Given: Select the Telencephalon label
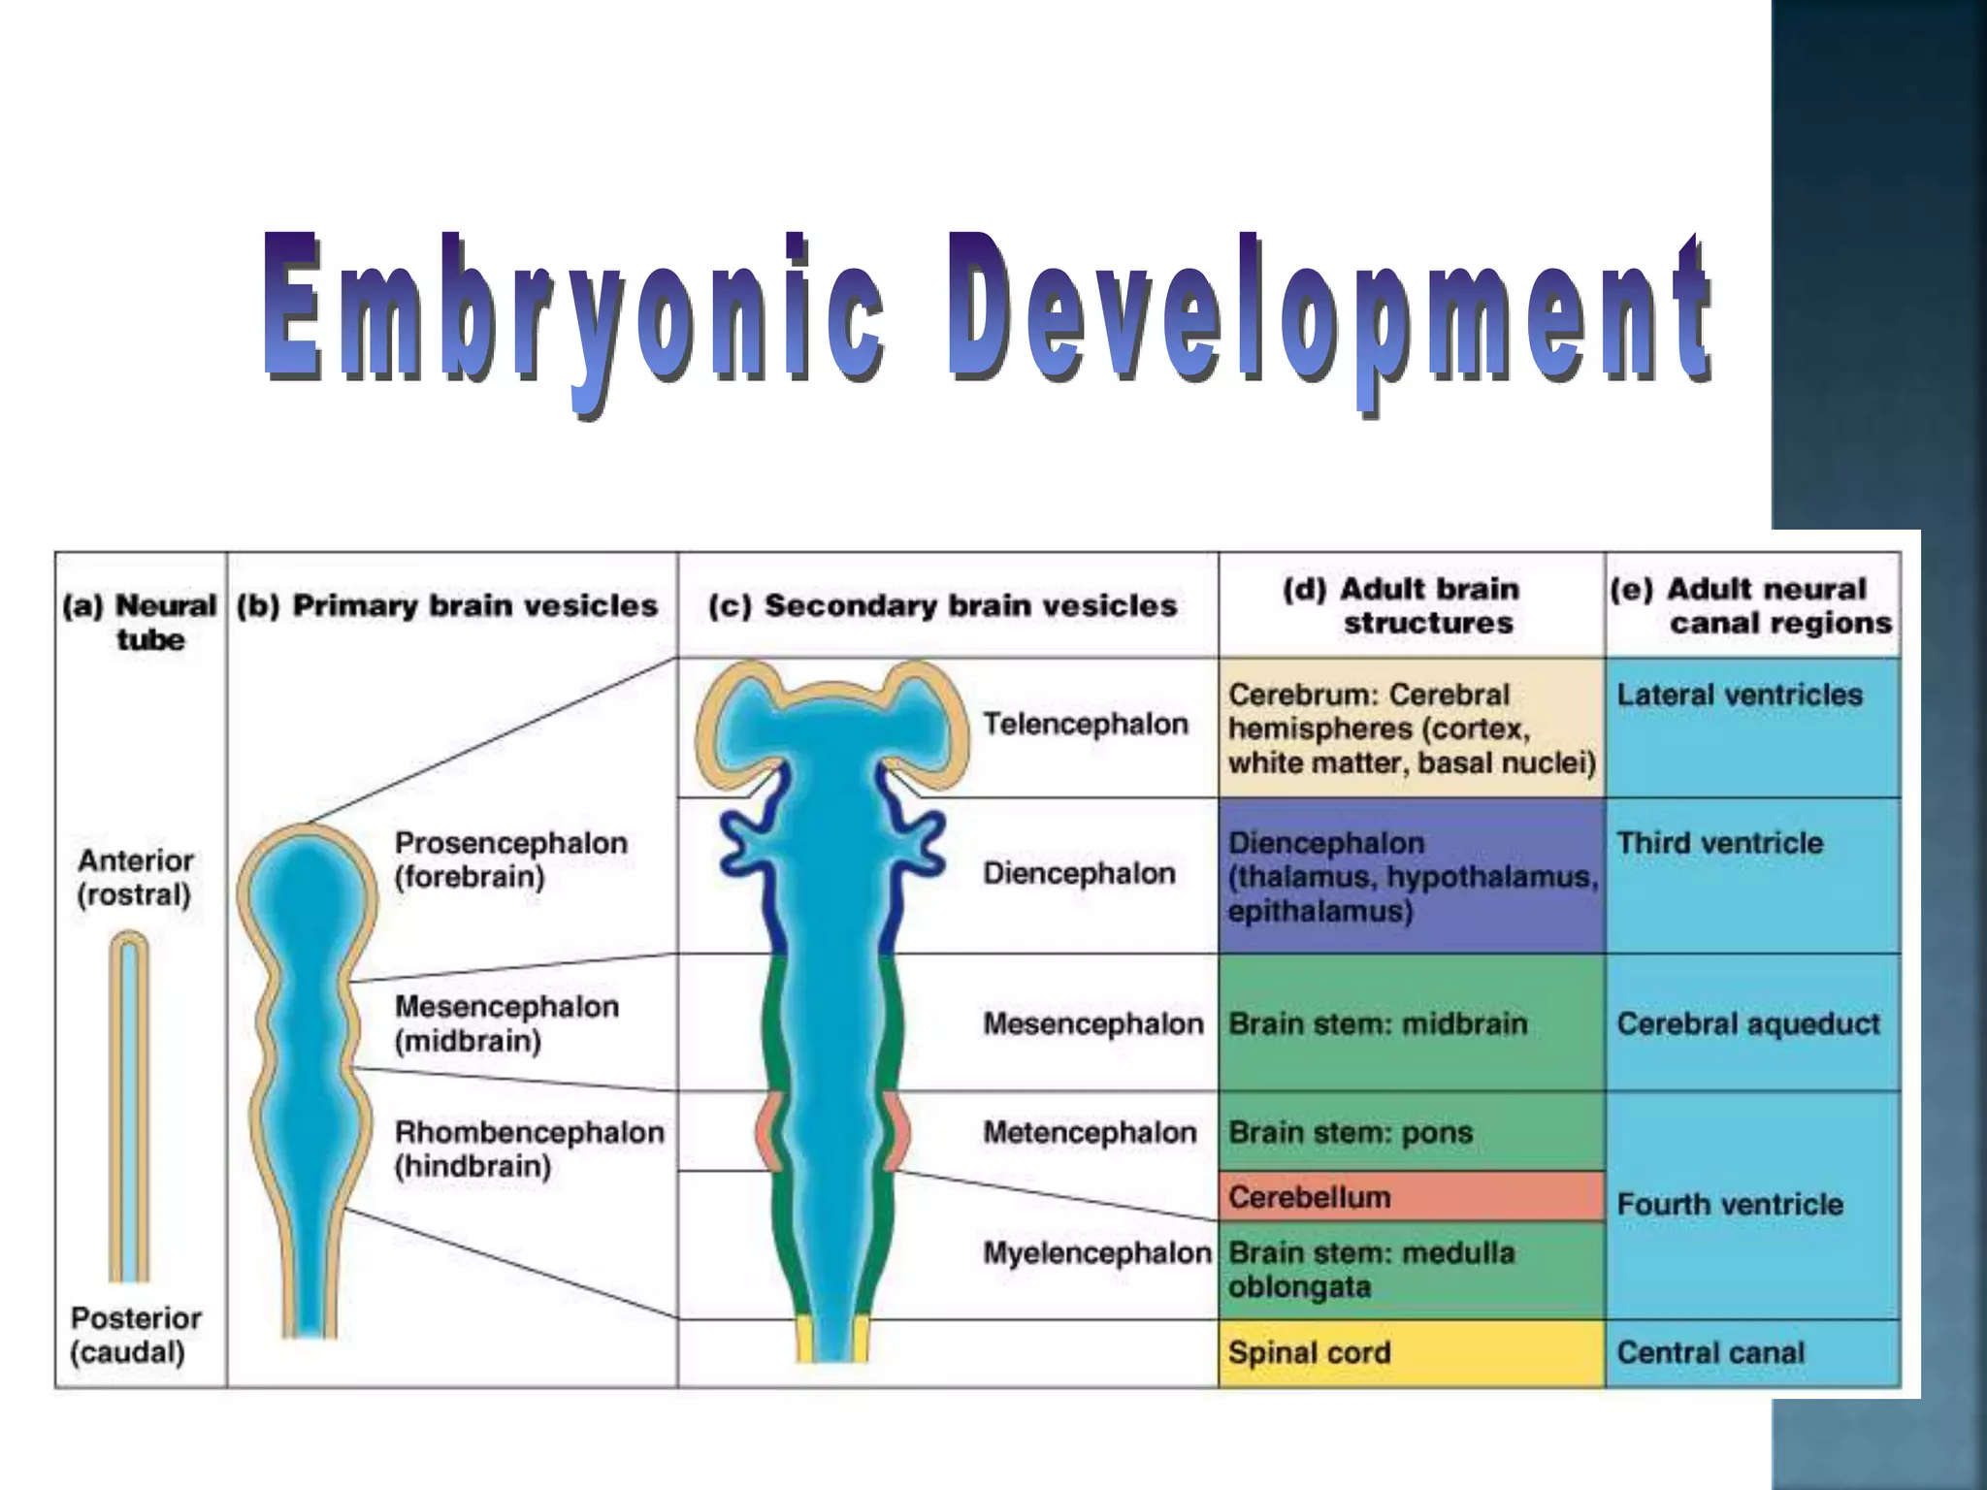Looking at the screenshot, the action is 1086,725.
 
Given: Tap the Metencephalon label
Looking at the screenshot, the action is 1090,1132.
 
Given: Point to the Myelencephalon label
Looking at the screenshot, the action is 1097,1253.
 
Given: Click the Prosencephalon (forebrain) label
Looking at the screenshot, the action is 510,859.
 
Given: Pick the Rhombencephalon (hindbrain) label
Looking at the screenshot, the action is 529,1149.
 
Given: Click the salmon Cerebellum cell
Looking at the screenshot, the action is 1411,1197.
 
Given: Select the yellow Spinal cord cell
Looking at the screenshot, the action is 1411,1353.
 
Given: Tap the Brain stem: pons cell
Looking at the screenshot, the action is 1411,1132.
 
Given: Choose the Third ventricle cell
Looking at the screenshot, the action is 1752,875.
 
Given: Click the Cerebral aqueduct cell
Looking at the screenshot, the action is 1752,1023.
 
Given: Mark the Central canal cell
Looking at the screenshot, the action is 1752,1353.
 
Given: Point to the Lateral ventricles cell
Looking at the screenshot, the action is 1752,728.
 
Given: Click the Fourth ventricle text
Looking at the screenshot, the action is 1730,1205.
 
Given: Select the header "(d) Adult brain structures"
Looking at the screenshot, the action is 1411,605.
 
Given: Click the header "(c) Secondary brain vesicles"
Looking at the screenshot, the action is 942,606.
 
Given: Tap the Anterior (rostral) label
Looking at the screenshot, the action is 135,877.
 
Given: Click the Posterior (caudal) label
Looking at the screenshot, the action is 136,1335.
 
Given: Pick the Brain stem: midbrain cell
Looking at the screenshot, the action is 1411,1023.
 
